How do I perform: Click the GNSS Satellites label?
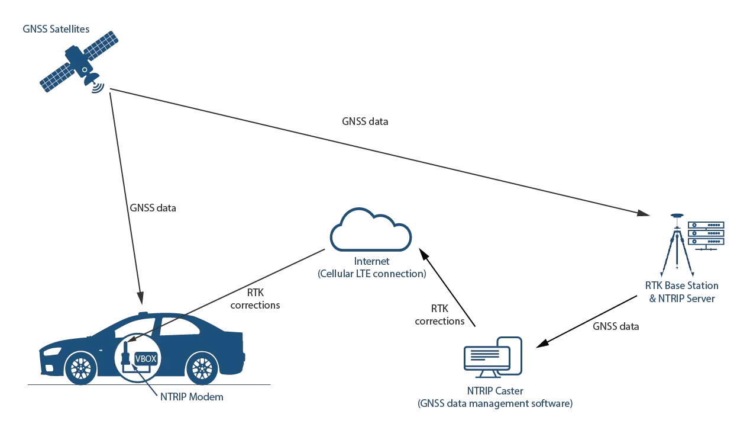(54, 28)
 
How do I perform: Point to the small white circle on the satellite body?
(85, 70)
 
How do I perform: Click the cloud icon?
(370, 231)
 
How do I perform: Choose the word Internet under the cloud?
(371, 261)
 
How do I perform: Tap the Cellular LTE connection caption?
(371, 274)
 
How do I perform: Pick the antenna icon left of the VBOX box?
(125, 355)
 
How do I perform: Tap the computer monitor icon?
(494, 359)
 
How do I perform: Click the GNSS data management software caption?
(494, 405)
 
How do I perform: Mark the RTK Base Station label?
(681, 285)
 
